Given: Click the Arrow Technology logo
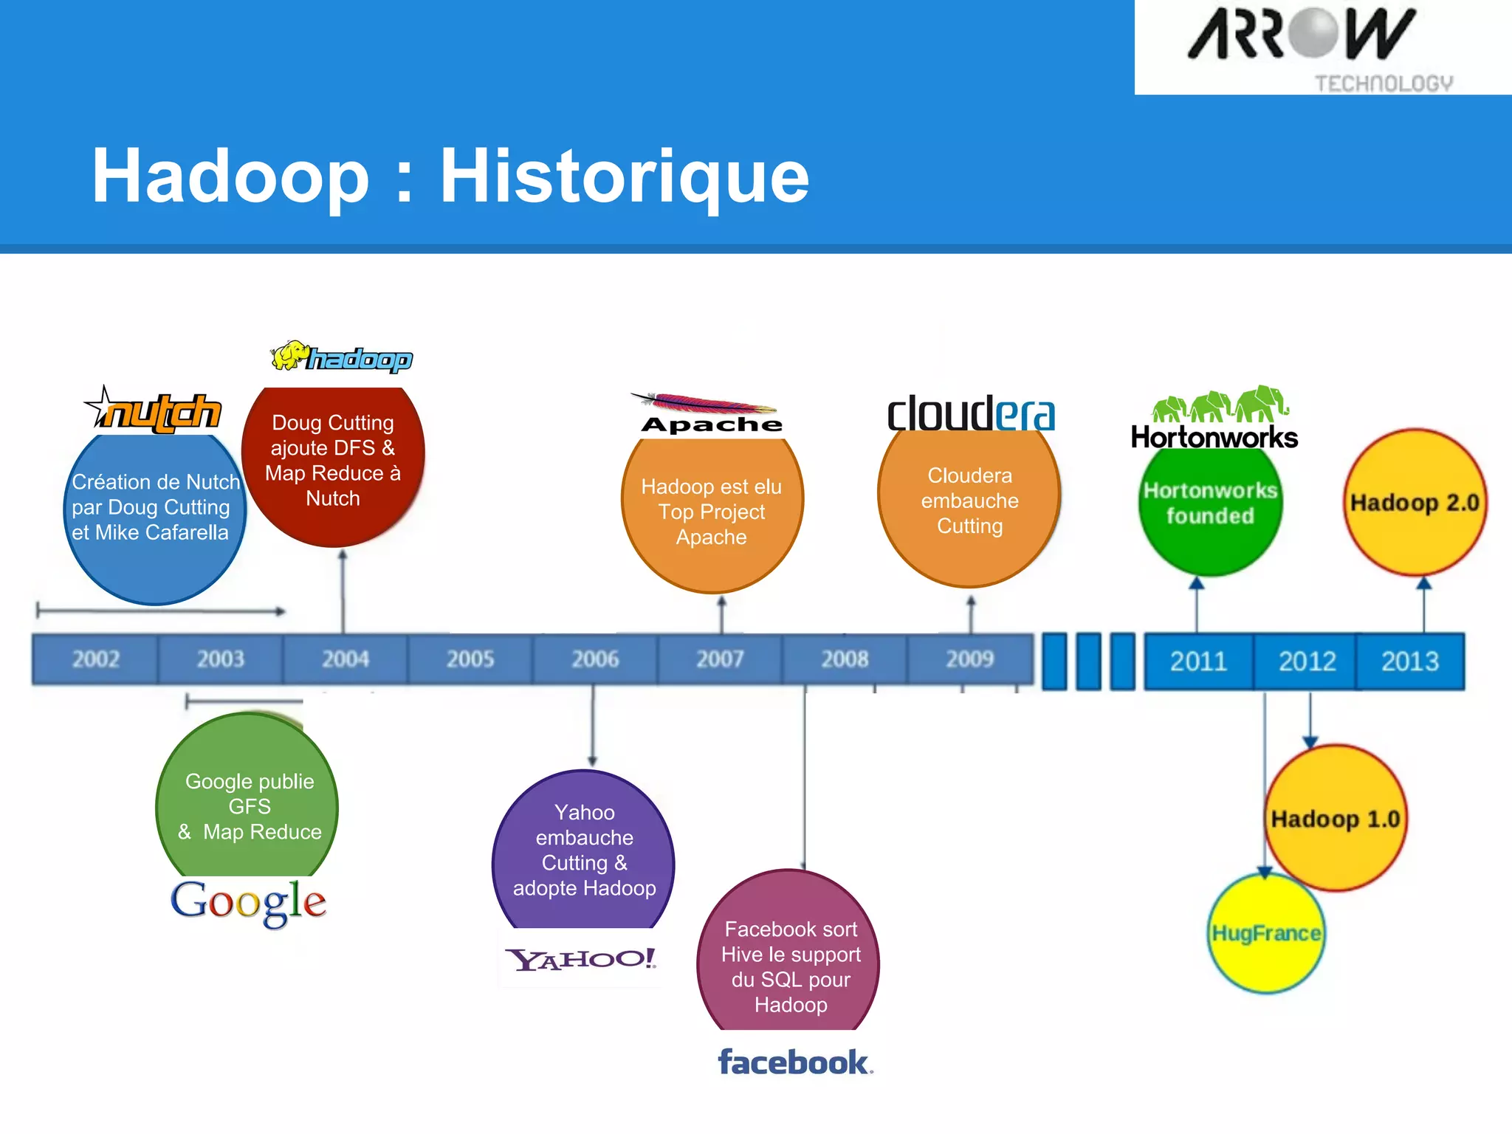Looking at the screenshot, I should (x=1322, y=48).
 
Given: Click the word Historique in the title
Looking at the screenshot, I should (x=624, y=177).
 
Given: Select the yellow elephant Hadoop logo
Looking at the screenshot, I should (x=341, y=358).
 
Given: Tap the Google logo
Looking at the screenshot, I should (x=249, y=901).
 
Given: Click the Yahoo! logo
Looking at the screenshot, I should (x=581, y=959).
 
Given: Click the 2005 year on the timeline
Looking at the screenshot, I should (x=470, y=659).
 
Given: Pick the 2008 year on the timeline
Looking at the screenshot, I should (x=845, y=659).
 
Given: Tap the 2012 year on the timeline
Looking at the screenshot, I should (x=1307, y=661).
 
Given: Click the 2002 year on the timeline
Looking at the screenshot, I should (x=96, y=659).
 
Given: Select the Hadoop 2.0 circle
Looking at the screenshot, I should (x=1415, y=503).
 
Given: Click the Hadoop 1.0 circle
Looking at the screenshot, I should (x=1336, y=819).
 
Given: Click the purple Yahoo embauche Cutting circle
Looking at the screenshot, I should (x=584, y=850).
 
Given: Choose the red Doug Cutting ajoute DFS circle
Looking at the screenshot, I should (x=333, y=461).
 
